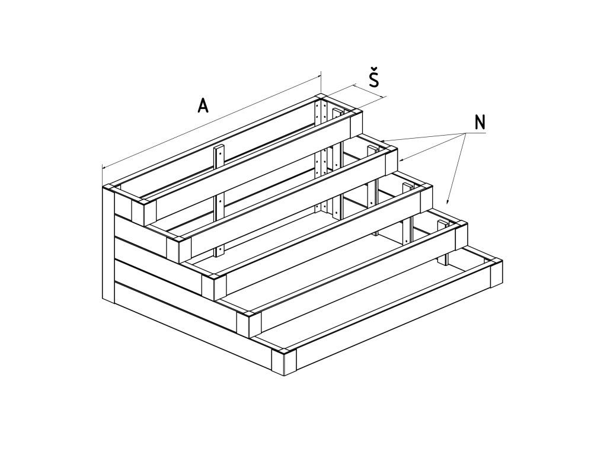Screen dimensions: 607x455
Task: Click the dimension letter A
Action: point(203,105)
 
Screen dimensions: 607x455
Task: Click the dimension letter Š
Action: point(373,79)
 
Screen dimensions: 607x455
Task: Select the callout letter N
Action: point(480,122)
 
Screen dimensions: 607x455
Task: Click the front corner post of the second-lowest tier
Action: point(249,323)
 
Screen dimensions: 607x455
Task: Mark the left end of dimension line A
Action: point(103,168)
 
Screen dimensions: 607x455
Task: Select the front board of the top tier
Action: point(249,160)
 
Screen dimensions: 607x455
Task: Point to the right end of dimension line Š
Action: point(385,97)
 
